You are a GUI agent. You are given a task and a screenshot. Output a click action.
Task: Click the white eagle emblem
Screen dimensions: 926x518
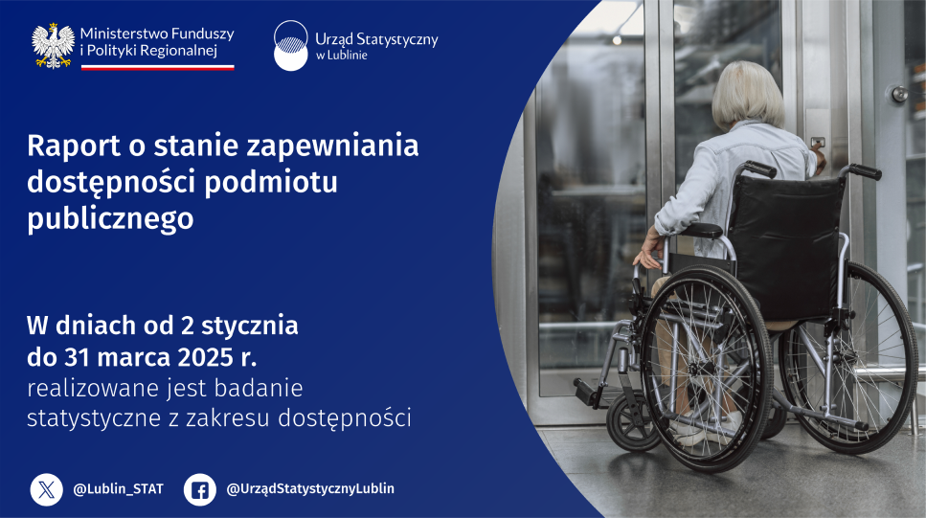[54, 45]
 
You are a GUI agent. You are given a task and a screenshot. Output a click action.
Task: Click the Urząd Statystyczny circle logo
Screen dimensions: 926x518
[290, 45]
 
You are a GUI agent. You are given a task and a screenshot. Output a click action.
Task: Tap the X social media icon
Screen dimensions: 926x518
[47, 489]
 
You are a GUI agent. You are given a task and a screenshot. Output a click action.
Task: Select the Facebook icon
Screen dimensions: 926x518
[199, 489]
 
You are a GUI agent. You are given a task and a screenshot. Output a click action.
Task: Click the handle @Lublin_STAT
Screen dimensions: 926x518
[118, 489]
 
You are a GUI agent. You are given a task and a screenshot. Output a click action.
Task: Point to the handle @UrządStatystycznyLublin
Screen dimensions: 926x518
[310, 489]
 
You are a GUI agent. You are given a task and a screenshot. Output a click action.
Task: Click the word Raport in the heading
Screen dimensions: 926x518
[74, 146]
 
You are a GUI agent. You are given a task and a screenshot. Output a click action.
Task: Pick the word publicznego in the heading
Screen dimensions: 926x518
[110, 218]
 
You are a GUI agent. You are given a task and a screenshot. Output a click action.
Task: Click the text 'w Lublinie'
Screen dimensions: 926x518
[341, 56]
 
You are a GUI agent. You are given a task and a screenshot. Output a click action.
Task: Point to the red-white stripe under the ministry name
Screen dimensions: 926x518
[158, 67]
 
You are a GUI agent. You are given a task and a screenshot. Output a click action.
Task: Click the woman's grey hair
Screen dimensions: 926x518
[747, 95]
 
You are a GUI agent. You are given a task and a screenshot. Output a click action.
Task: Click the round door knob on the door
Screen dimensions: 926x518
[899, 93]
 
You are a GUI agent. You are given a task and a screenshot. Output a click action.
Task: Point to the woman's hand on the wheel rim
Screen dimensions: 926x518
[649, 251]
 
